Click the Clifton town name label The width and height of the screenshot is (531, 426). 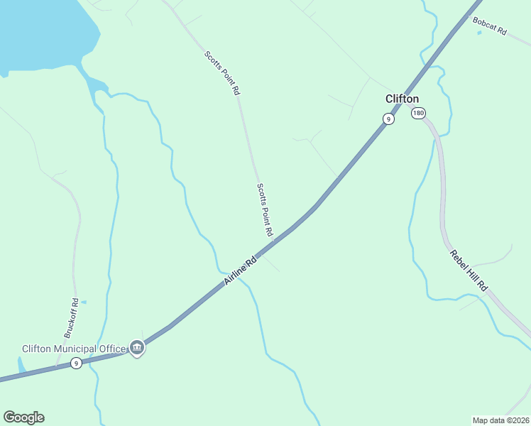click(x=402, y=99)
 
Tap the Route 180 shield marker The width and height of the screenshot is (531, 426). click(x=419, y=113)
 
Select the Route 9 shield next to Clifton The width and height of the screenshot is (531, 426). click(x=388, y=119)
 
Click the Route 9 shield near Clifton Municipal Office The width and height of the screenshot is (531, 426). click(x=76, y=364)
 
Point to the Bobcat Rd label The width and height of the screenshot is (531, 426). click(x=489, y=26)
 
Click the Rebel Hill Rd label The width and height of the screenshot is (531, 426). click(x=468, y=271)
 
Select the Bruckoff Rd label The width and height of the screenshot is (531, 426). click(x=70, y=317)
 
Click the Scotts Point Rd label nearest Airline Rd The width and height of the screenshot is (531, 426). click(x=265, y=209)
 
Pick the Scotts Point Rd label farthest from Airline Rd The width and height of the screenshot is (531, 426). click(x=222, y=72)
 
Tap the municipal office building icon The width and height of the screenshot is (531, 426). click(x=137, y=348)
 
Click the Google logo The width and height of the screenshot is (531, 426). click(x=23, y=417)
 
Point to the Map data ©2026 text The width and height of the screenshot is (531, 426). click(x=500, y=420)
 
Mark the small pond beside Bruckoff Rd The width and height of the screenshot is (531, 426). click(x=84, y=302)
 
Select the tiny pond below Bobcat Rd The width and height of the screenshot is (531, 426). click(x=479, y=33)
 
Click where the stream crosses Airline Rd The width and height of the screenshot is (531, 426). click(x=226, y=275)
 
